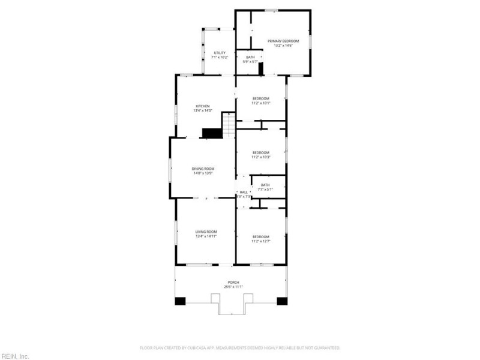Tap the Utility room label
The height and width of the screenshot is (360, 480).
220,53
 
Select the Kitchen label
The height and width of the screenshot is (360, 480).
202,106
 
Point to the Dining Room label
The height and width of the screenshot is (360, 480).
203,169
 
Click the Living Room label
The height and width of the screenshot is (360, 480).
206,232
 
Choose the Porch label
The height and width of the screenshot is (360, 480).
233,283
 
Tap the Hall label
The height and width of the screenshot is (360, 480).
244,192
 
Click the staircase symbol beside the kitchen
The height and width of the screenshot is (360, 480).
229,125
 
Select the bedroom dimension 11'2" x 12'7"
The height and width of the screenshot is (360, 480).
260,241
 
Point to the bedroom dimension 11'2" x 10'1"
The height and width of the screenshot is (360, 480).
260,103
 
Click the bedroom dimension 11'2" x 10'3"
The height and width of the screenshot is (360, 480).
260,157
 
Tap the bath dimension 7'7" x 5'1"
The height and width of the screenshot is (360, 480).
265,190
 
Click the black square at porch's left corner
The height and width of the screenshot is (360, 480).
180,301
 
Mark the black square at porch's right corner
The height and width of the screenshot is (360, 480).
281,301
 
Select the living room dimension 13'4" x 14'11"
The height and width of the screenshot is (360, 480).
206,236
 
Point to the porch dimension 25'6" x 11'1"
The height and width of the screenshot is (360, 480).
233,287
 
